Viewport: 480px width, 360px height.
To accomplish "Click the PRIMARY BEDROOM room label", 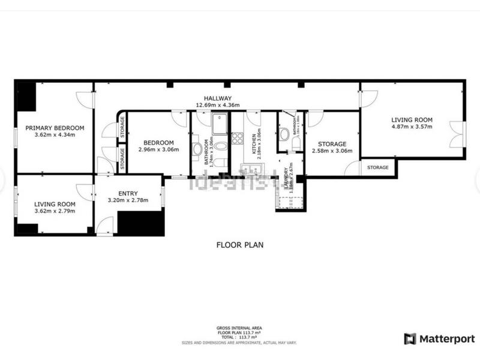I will coord(55,128).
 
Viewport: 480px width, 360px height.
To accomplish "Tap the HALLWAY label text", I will coord(217,98).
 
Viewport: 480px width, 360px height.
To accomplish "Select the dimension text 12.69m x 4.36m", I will coord(217,106).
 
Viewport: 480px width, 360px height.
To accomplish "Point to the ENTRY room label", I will coord(128,193).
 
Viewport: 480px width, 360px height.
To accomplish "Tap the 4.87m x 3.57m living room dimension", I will coord(412,127).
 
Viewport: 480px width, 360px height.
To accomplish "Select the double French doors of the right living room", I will coord(457,134).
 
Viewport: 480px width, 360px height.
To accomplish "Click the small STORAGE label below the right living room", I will coord(378,167).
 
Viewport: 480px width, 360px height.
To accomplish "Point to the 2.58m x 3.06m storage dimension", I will coord(332,151).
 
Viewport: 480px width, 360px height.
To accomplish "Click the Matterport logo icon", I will coord(410,338).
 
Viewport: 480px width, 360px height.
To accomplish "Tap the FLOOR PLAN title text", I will coord(240,245).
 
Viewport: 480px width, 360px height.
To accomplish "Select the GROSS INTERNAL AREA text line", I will coord(239,328).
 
